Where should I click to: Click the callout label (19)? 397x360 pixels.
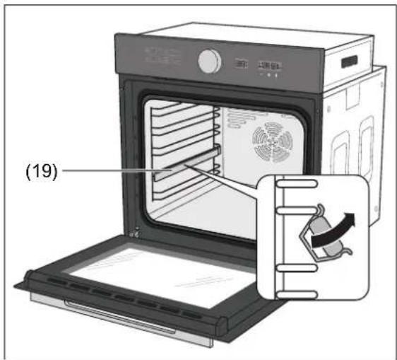coord(42,171)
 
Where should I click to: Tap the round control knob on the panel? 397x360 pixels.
coord(210,62)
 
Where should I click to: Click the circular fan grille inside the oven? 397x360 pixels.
coord(273,142)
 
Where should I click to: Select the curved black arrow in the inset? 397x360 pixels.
coord(333,230)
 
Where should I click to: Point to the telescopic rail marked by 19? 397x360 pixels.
coord(186,163)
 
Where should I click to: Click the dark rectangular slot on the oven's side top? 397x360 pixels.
coord(350,62)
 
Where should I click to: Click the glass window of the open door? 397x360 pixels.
coord(162,277)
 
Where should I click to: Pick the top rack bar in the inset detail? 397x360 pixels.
coord(297,183)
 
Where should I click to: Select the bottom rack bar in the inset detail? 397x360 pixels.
coord(297,295)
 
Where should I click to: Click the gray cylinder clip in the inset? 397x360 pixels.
coord(326,236)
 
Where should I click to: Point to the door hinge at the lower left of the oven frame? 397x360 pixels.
coord(135,232)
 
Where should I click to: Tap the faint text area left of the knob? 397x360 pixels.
coord(162,57)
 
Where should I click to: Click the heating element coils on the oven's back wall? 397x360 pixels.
coord(239,118)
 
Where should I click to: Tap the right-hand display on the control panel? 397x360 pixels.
coord(270,66)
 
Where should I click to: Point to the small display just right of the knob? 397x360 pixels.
coord(241,64)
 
